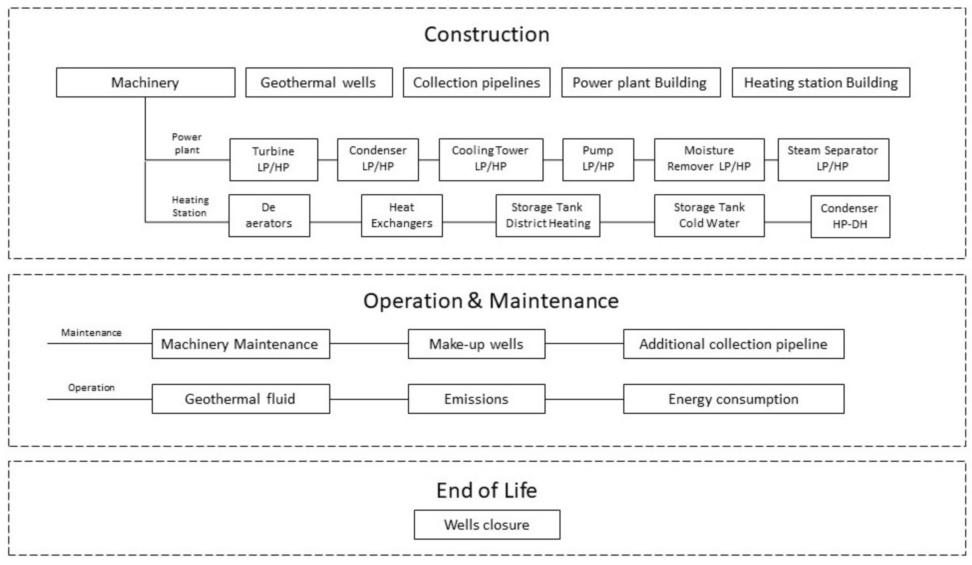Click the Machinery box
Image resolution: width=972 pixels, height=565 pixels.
[x=146, y=83]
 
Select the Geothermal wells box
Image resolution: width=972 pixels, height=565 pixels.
[x=319, y=83]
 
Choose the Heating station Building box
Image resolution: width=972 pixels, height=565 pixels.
[x=821, y=83]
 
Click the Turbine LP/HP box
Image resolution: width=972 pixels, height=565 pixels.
[x=274, y=159]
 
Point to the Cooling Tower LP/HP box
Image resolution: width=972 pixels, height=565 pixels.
[x=491, y=159]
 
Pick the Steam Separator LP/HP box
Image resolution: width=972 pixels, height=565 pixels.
[x=833, y=159]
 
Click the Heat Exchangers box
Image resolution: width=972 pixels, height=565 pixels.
[x=402, y=215]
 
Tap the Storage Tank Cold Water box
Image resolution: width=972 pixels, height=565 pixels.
[x=709, y=215]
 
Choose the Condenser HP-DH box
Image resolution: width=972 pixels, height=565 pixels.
[x=850, y=216]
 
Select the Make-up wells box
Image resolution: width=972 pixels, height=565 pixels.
[x=476, y=344]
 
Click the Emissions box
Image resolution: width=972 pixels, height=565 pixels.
[x=476, y=399]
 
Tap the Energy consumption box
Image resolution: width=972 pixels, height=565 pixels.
[x=733, y=399]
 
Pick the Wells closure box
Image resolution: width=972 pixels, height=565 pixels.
[x=487, y=524]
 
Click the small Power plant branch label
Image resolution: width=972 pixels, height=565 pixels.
[x=187, y=144]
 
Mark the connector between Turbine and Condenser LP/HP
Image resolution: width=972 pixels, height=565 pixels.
[x=327, y=160]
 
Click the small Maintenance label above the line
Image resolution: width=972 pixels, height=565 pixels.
[x=91, y=333]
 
